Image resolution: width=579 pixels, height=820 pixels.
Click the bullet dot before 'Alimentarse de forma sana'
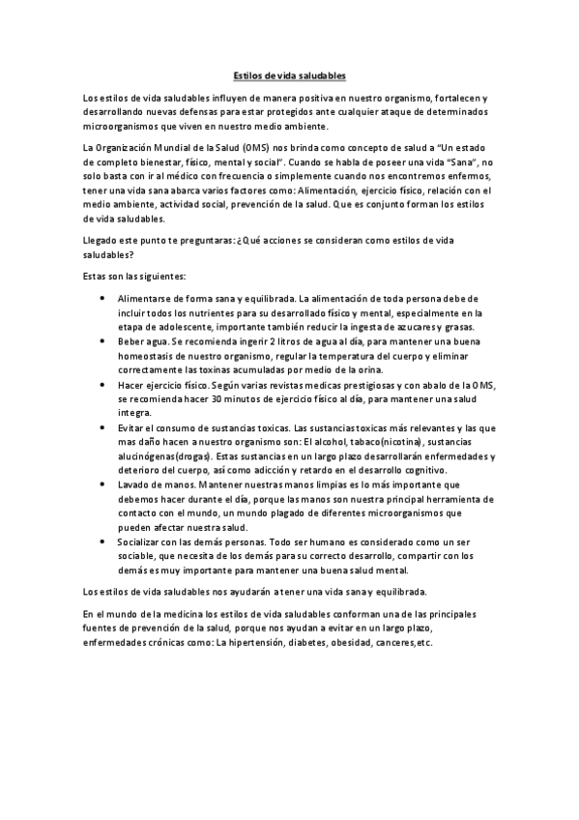[103, 299]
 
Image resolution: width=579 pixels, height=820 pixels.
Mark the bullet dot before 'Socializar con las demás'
[103, 542]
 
